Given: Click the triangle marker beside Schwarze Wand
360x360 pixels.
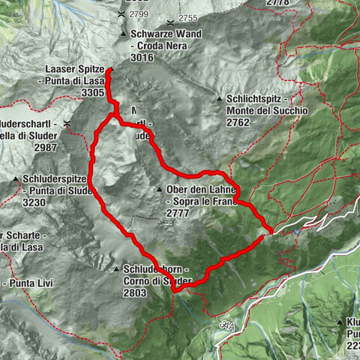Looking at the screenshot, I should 123,34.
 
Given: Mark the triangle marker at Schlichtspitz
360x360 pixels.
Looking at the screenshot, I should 220,98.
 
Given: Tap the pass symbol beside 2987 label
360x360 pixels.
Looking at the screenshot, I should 67,122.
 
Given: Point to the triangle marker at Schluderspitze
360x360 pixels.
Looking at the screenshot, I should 16,178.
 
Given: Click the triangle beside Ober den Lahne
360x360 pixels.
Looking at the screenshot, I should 160,190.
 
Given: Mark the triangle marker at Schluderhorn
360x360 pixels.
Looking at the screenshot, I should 117,269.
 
